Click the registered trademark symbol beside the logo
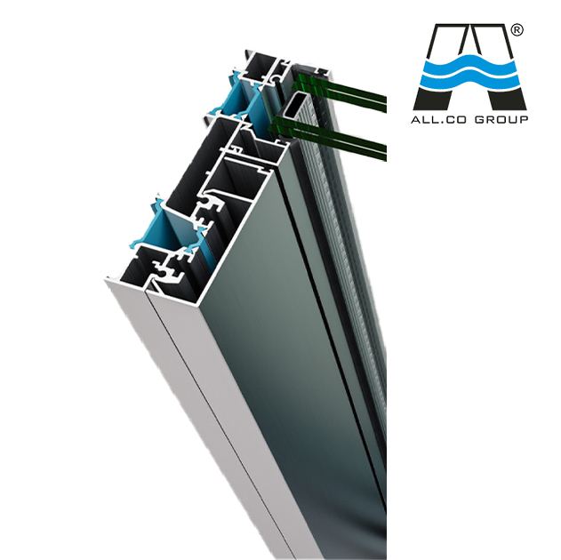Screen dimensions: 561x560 (x=517, y=30)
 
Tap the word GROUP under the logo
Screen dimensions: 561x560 (x=501, y=120)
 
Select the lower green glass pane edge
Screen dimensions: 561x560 (x=327, y=138)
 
